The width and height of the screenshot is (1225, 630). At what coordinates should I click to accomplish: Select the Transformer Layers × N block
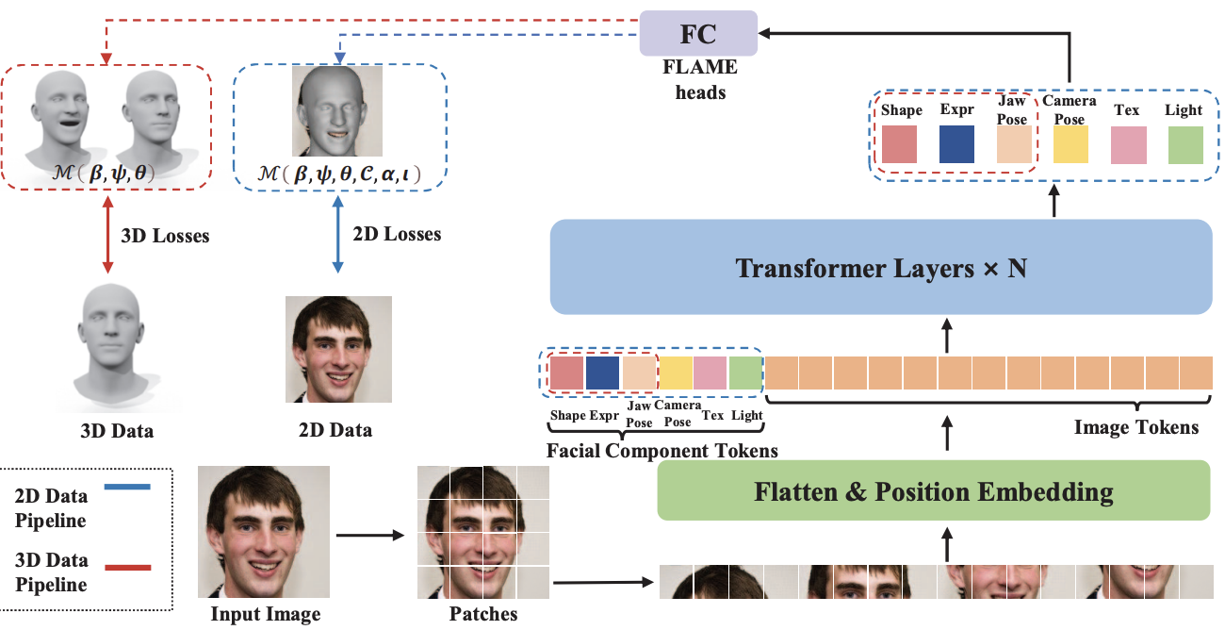(x=880, y=268)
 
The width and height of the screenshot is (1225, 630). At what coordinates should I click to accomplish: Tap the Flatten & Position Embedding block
(x=933, y=490)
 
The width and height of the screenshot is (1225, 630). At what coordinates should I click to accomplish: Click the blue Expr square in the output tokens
(x=957, y=144)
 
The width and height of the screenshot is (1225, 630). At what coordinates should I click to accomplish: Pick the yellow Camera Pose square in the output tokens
(x=1070, y=144)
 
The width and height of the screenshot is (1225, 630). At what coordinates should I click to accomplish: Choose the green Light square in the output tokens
(x=1185, y=144)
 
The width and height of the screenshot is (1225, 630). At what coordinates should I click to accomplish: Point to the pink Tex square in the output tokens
(x=1128, y=144)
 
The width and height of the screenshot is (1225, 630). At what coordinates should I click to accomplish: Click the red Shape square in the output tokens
(x=900, y=144)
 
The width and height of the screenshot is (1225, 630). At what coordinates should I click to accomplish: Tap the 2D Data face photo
(x=338, y=349)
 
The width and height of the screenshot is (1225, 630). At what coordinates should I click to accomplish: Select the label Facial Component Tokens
(x=661, y=451)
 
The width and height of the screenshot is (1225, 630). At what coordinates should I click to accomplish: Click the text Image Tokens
(x=1135, y=428)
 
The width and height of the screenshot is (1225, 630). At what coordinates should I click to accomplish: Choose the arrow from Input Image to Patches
(x=370, y=537)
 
